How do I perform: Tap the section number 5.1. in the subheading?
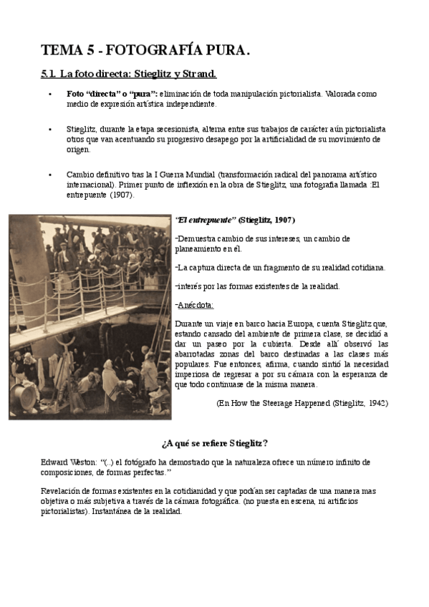click(x=48, y=74)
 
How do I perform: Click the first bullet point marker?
click(x=49, y=94)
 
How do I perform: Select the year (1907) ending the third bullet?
click(x=121, y=195)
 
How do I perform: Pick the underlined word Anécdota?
click(x=193, y=306)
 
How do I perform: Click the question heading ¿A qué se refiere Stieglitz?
click(x=215, y=444)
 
